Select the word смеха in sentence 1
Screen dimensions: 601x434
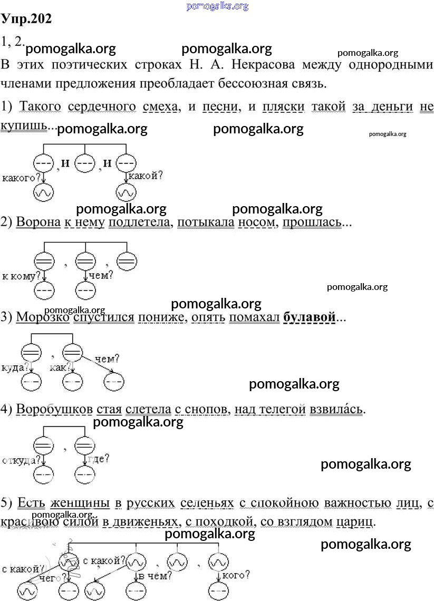[160, 106]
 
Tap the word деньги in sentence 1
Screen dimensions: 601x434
[391, 106]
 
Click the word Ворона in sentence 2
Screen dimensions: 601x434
[38, 222]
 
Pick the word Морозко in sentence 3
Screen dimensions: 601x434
[43, 317]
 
